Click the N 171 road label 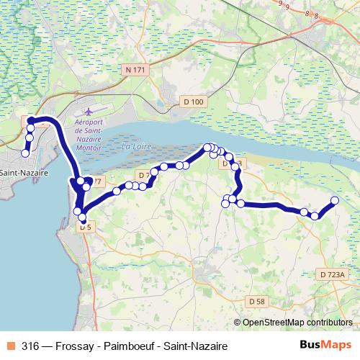[x=134, y=70]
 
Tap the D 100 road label [x=193, y=102]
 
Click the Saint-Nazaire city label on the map [x=24, y=174]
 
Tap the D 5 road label [x=86, y=227]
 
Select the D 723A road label [x=332, y=274]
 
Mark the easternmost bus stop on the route [x=335, y=200]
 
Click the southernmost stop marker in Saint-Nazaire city [x=25, y=153]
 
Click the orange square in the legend [x=11, y=346]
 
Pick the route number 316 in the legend [x=30, y=346]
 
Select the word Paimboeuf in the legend [x=132, y=346]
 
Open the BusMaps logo [x=325, y=346]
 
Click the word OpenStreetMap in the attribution [x=273, y=323]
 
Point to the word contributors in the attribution [x=328, y=323]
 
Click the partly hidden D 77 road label [x=96, y=181]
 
